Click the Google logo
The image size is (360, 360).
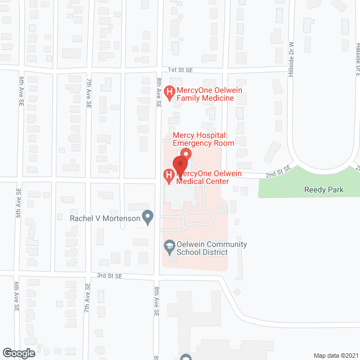click(x=18, y=353)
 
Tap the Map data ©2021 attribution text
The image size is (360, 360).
click(x=335, y=355)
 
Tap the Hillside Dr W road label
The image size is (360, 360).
click(x=291, y=60)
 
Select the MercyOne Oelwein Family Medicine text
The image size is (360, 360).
click(x=205, y=94)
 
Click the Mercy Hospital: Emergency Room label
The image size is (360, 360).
click(x=203, y=139)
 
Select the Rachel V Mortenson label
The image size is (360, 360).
click(x=104, y=218)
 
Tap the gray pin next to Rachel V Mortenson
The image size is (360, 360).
click(x=148, y=216)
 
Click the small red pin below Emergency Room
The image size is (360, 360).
click(x=186, y=154)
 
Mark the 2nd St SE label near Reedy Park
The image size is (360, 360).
click(x=278, y=171)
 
